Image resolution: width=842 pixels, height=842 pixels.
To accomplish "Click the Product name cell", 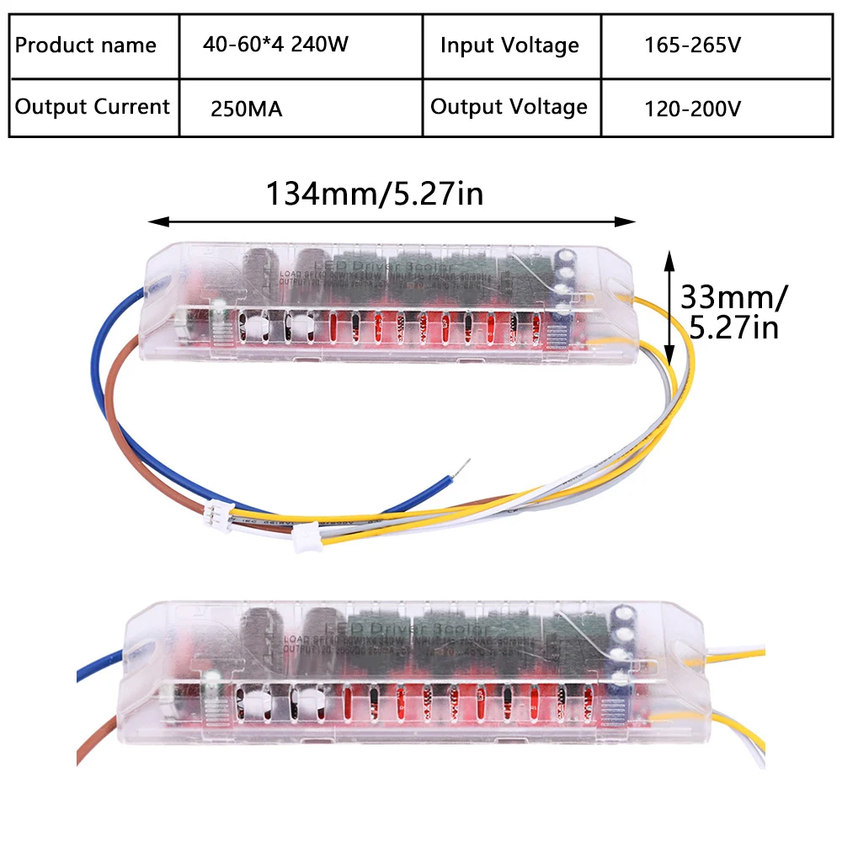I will pos(86,45).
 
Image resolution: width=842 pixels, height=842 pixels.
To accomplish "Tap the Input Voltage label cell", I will pos(509,45).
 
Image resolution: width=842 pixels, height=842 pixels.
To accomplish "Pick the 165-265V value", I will pos(692,45).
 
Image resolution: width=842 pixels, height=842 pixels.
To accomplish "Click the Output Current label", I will pos(93,107).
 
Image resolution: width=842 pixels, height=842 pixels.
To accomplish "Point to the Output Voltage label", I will pos(509,107).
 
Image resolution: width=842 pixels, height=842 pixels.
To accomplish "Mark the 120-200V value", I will pos(692,109).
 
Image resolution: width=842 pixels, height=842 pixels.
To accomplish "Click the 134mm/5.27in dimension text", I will pos(375,194).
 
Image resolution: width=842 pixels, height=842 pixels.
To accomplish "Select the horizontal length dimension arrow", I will pos(392,221).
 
